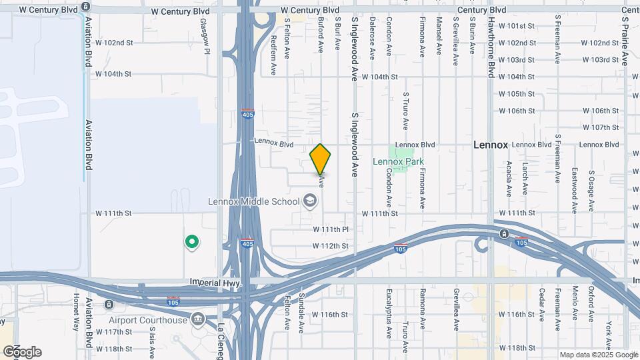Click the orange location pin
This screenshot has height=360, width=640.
pyautogui.click(x=321, y=159)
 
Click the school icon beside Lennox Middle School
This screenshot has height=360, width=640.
pyautogui.click(x=309, y=200)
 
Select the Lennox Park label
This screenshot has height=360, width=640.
pyautogui.click(x=398, y=161)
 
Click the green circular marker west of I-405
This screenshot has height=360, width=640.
pyautogui.click(x=192, y=242)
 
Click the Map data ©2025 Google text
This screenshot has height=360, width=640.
pyautogui.click(x=599, y=355)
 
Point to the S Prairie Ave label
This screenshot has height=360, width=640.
pyautogui.click(x=625, y=41)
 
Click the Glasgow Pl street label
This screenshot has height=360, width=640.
pyautogui.click(x=205, y=37)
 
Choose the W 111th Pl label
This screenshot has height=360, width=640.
pyautogui.click(x=331, y=229)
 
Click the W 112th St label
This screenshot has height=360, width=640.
pyautogui.click(x=331, y=246)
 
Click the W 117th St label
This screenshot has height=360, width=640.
pyautogui.click(x=114, y=331)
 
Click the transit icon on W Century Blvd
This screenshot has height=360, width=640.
pyautogui.click(x=85, y=6)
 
